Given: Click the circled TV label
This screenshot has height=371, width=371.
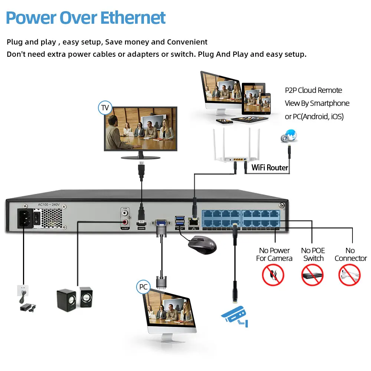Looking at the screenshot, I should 105,108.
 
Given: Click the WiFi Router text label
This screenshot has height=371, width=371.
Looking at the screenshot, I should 270,168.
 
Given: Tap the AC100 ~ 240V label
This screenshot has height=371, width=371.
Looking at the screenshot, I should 49,205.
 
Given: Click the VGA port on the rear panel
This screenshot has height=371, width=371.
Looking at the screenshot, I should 160,224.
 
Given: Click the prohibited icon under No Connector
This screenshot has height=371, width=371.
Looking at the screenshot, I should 349,275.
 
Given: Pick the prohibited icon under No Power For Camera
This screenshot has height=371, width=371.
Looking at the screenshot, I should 273,275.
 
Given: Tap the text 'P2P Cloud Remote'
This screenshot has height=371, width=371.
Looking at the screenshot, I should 313,91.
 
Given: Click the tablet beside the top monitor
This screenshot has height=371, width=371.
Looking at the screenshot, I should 253,99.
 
